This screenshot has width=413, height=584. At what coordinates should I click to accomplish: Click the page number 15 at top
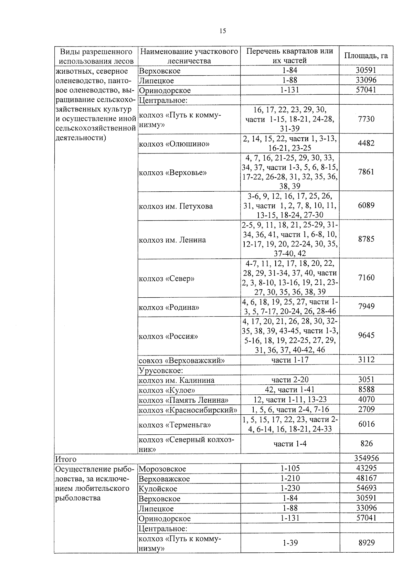pyautogui.click(x=223, y=31)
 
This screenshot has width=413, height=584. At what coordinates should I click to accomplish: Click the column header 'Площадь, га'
pyautogui.click(x=366, y=56)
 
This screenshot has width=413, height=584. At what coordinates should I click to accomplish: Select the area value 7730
pyautogui.click(x=366, y=119)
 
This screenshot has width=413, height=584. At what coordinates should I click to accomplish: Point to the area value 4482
pyautogui.click(x=366, y=143)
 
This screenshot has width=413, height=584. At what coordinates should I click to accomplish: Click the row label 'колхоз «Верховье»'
pyautogui.click(x=172, y=172)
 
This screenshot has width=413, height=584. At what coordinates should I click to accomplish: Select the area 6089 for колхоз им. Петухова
pyautogui.click(x=366, y=205)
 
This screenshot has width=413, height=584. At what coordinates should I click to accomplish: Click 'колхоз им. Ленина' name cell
pyautogui.click(x=172, y=240)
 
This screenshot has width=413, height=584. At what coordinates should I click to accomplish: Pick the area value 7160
pyautogui.click(x=366, y=277)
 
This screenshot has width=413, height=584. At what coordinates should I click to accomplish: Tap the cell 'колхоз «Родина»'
pyautogui.click(x=169, y=307)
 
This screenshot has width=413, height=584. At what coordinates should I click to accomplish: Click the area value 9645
pyautogui.click(x=366, y=335)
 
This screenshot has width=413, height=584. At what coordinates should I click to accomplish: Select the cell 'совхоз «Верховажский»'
pyautogui.click(x=181, y=361)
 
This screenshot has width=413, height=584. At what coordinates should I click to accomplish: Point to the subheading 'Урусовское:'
pyautogui.click(x=160, y=370)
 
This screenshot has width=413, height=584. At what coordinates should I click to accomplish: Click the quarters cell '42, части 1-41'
pyautogui.click(x=290, y=390)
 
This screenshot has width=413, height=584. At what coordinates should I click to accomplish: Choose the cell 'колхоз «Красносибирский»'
pyautogui.click(x=188, y=410)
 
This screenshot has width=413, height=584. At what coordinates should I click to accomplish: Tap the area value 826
pyautogui.click(x=366, y=444)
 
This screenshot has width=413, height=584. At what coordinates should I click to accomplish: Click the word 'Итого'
pyautogui.click(x=66, y=459)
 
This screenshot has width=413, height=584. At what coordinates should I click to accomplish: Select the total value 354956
pyautogui.click(x=366, y=458)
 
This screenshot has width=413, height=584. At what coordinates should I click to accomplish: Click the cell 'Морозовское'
pyautogui.click(x=162, y=469)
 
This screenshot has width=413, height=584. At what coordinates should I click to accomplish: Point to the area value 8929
pyautogui.click(x=366, y=543)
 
